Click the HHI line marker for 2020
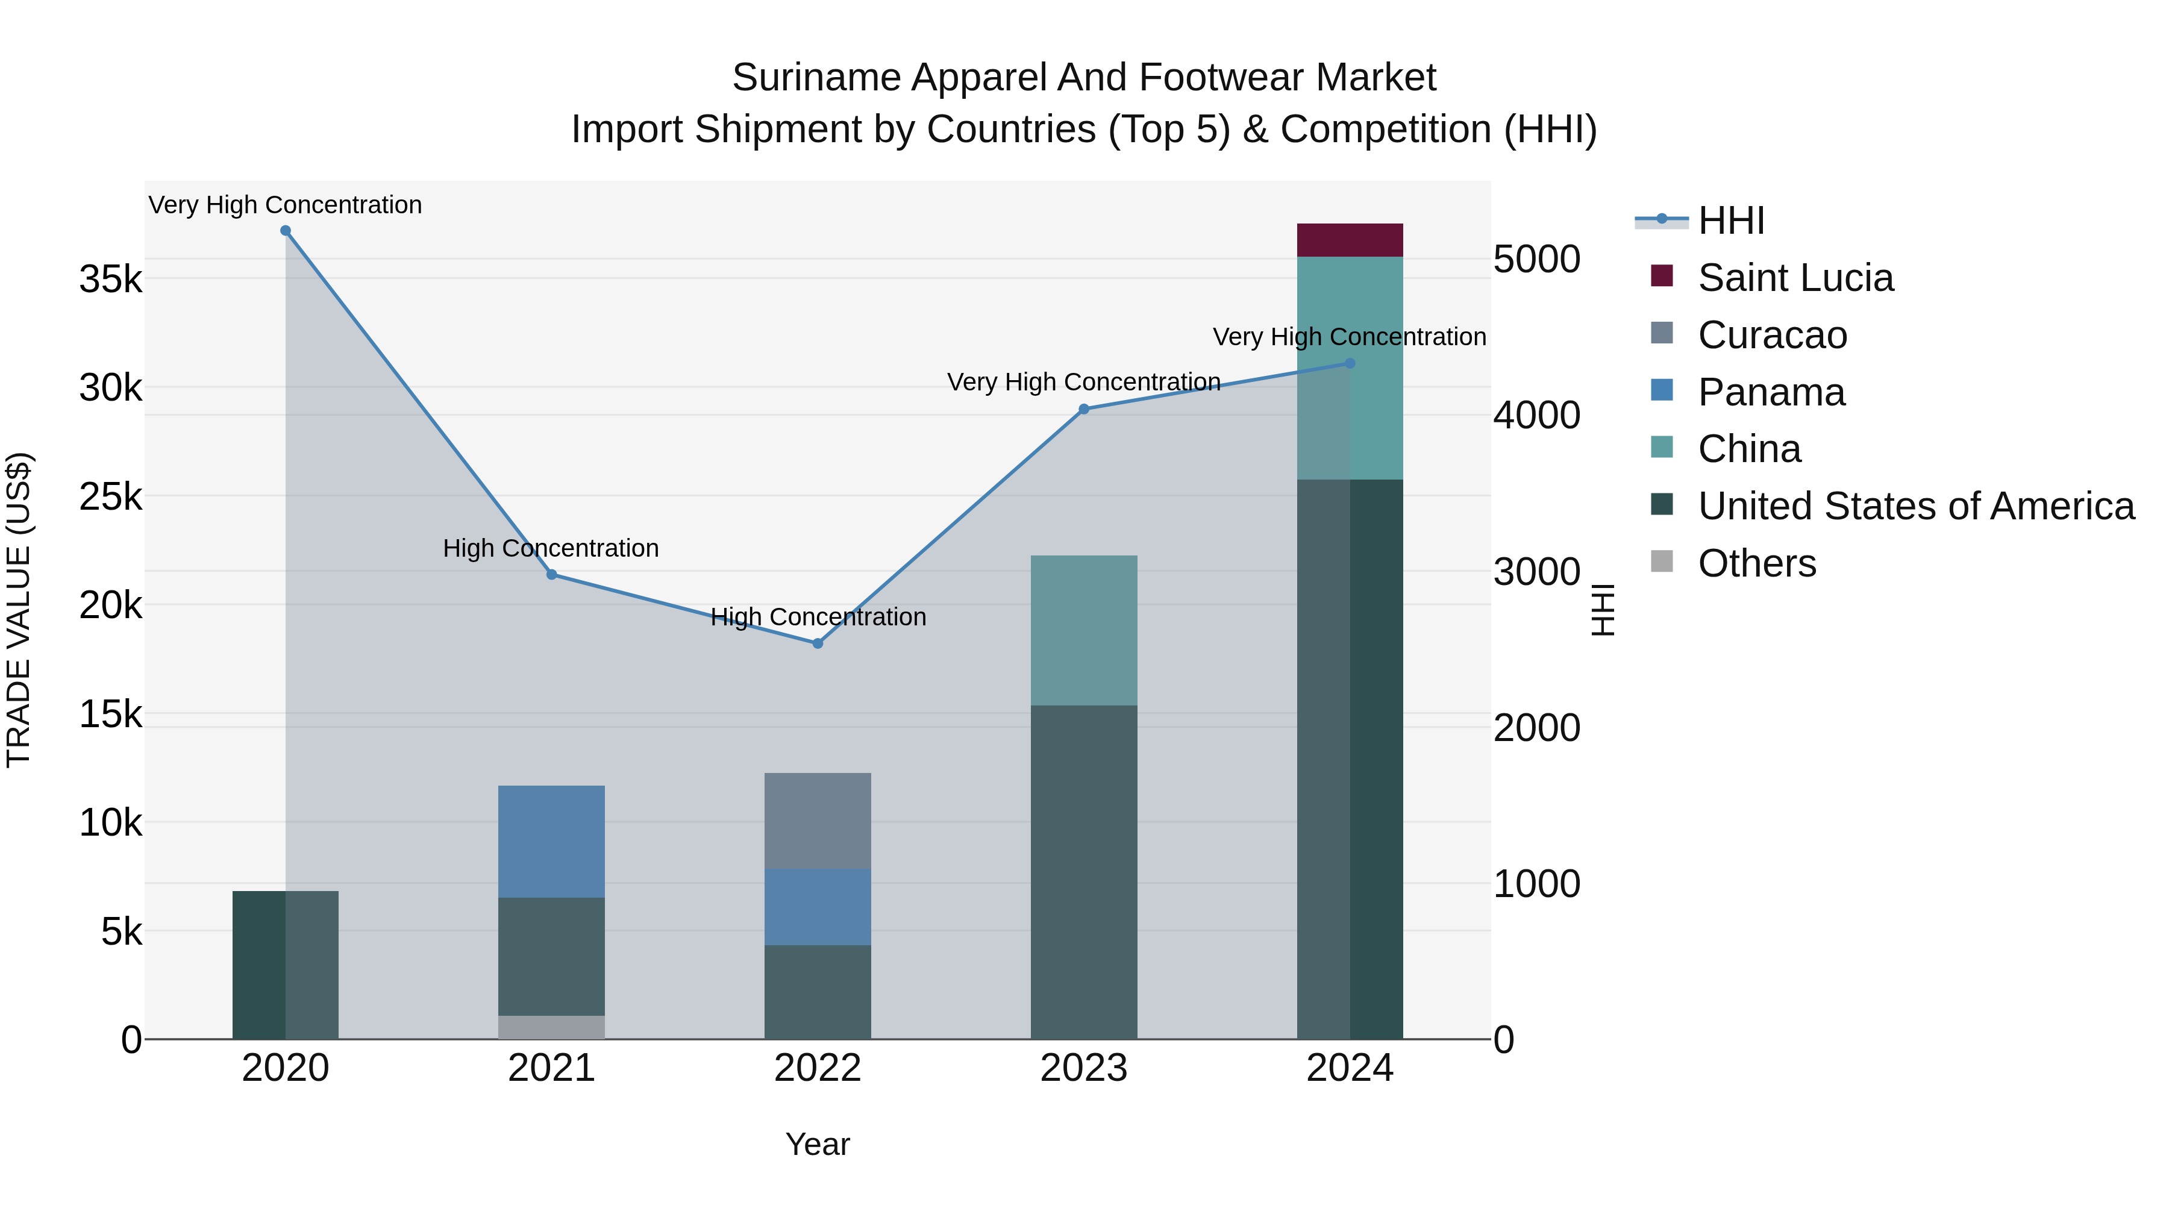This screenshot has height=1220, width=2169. (286, 231)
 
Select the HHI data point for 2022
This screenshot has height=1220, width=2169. (818, 643)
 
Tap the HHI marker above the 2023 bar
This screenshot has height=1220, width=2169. (1084, 409)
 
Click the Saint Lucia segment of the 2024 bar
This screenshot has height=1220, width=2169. (1350, 240)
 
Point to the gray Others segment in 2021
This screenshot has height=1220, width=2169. (551, 1027)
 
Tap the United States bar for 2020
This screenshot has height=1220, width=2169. (286, 965)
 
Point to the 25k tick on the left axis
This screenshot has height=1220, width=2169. (111, 497)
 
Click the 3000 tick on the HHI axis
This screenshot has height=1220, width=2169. (1536, 572)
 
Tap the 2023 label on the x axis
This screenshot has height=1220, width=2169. (1084, 1068)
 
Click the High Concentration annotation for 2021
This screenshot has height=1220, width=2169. (551, 548)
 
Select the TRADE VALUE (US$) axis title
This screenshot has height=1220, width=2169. (19, 610)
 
